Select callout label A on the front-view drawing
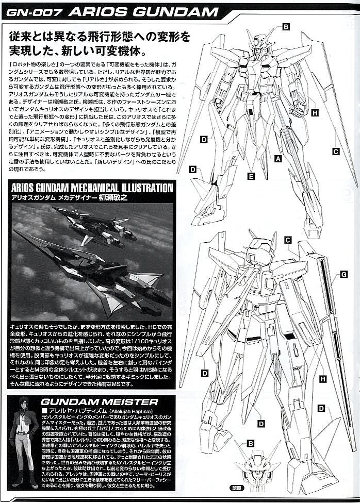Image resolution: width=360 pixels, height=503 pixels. (x=278, y=159)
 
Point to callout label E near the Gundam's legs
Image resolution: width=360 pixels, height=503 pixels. (x=251, y=176)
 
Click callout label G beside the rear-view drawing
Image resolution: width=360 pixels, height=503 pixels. (x=343, y=275)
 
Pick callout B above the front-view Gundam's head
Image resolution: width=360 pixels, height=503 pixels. (x=285, y=27)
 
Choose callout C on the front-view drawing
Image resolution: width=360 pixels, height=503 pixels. (x=335, y=152)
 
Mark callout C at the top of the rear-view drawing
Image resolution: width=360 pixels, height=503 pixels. (x=288, y=240)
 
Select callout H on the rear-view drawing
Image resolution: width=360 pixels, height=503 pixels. (x=323, y=379)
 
